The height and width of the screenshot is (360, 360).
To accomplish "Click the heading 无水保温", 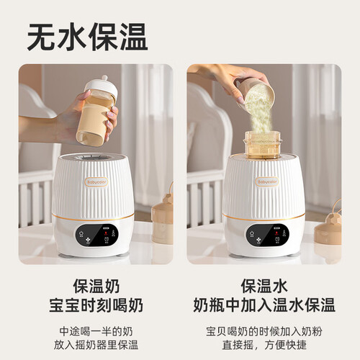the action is tap(87, 37).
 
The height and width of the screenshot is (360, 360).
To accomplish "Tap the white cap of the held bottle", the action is tap(102, 86).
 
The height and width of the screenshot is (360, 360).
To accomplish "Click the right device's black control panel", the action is tap(267, 235).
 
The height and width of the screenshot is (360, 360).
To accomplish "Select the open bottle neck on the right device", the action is tap(263, 145).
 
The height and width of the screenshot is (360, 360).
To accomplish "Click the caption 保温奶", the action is tap(96, 286).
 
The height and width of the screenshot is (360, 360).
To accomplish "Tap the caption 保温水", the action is tap(264, 286).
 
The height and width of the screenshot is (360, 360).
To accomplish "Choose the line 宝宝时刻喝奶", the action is tap(96, 305).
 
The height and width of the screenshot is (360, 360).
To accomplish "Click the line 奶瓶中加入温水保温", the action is tap(264, 305).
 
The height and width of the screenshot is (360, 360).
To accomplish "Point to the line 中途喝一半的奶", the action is tap(96, 331).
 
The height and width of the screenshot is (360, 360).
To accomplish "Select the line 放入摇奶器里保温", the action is tap(96, 345).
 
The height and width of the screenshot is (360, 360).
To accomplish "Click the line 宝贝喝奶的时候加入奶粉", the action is tap(264, 331).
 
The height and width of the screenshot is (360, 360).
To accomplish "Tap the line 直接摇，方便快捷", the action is tap(264, 345).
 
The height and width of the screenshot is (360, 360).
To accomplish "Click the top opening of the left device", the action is tap(93, 158).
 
